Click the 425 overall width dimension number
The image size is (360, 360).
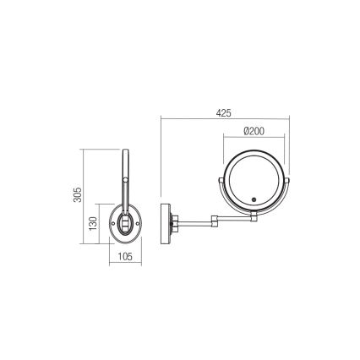tap(224, 113)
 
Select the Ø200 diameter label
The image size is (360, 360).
tap(254, 132)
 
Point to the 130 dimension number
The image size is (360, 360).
tap(94, 223)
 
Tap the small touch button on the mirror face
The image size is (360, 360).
tap(254, 200)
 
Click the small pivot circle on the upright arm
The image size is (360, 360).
tap(127, 183)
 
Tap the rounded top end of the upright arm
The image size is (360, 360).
tap(127, 153)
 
